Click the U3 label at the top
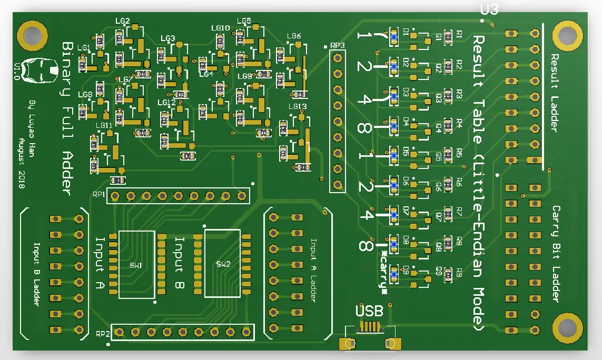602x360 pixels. (489, 9)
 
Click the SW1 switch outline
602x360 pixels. (136, 264)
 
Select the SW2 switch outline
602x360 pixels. (222, 263)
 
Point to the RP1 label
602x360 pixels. (99, 195)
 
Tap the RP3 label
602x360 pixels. (337, 45)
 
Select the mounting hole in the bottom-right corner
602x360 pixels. (567, 328)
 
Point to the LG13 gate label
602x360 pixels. (298, 106)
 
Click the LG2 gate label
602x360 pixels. (122, 21)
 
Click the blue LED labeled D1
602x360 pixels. (393, 36)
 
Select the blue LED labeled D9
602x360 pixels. (393, 273)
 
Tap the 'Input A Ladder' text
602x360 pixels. (313, 270)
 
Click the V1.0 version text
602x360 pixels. (17, 71)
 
